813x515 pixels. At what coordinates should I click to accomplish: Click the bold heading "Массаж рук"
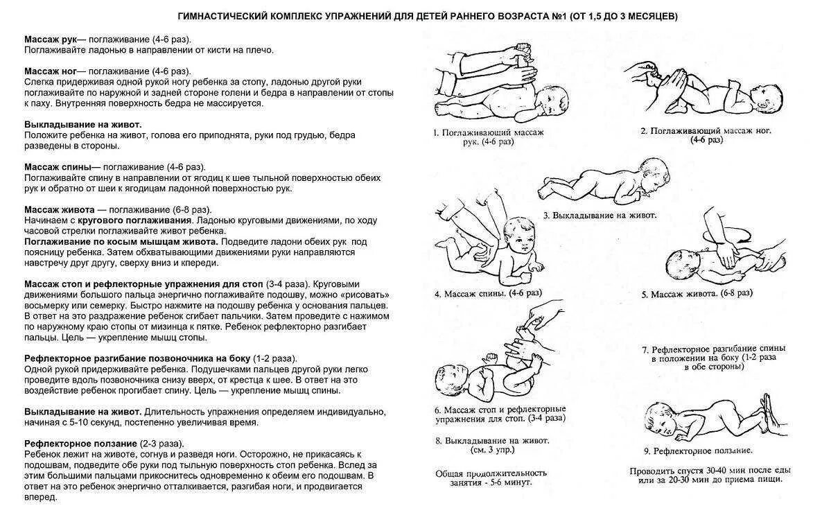point(50,40)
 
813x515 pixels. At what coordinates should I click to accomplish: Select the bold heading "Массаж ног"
point(50,71)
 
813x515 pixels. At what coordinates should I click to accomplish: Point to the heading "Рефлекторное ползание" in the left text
point(80,443)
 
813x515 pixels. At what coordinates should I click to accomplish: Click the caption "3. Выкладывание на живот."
point(600,216)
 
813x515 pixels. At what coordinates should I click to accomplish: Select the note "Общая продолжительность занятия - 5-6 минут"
point(491,478)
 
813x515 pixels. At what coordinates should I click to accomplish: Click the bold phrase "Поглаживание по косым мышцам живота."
point(121,241)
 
